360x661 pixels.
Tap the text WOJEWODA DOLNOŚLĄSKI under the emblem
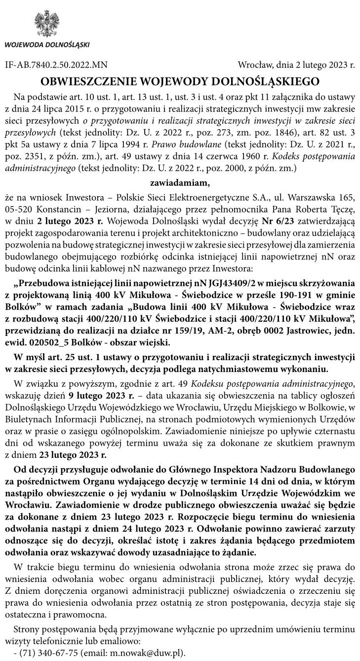(x=47, y=44)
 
